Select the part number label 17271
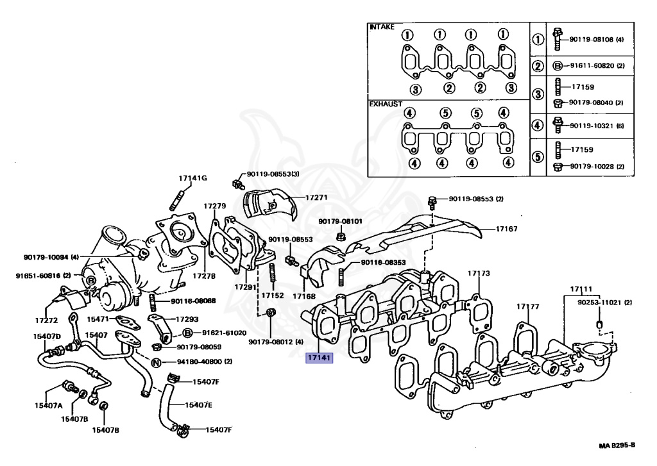point(316,197)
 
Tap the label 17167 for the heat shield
point(506,228)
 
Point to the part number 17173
point(479,274)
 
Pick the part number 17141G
point(193,178)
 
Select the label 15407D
point(47,336)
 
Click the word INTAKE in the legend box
point(382,28)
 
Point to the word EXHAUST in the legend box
point(386,103)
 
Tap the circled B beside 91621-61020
point(188,333)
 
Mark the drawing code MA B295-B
point(617,445)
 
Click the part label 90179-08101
point(341,222)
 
